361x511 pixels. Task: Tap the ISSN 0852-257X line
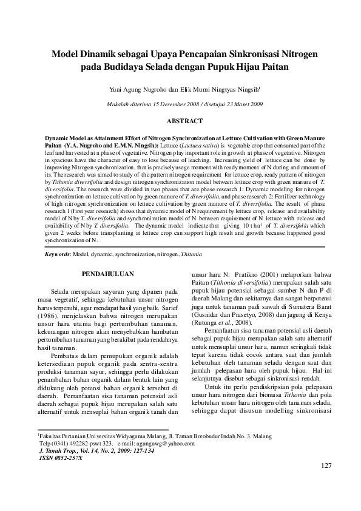point(60,457)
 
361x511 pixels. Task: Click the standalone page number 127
point(325,466)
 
